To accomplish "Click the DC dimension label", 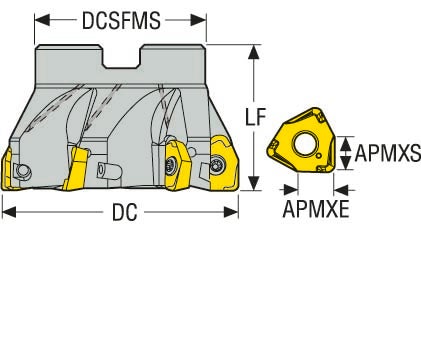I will tap(123, 212).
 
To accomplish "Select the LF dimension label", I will tap(255, 119).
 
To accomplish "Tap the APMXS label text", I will tap(388, 153).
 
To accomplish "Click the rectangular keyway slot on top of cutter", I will tap(121, 55).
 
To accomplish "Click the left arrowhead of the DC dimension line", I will tap(6, 211).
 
